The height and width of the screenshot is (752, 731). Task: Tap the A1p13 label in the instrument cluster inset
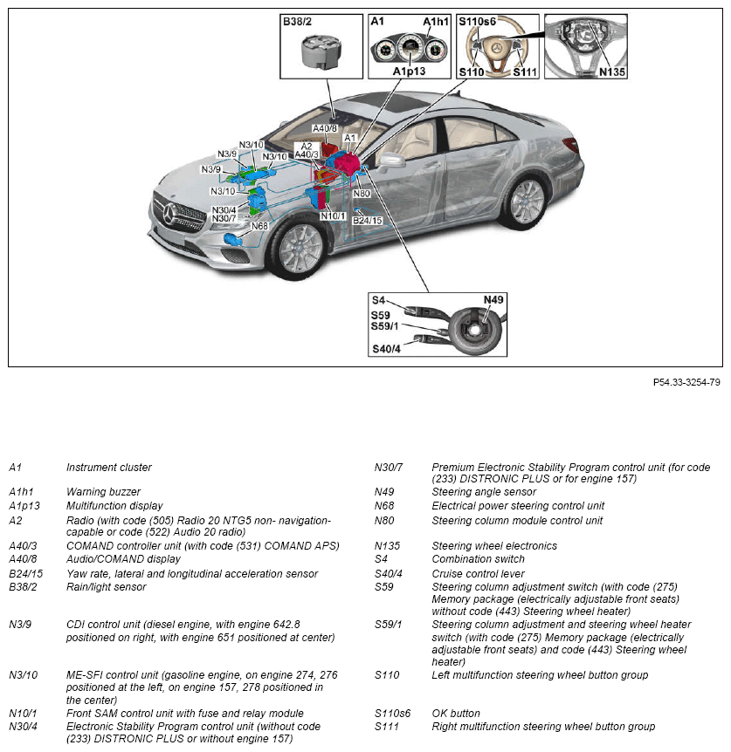(x=408, y=71)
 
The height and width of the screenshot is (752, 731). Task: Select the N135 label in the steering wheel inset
(x=612, y=72)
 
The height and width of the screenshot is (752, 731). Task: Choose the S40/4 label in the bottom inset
(x=386, y=350)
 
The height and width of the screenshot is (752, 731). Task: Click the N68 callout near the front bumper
(x=259, y=226)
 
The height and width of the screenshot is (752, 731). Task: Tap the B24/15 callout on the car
(x=368, y=221)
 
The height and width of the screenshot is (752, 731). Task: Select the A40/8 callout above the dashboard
(x=327, y=127)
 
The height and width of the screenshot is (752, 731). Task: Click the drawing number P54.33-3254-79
(x=686, y=382)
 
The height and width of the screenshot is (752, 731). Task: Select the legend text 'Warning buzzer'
(x=103, y=492)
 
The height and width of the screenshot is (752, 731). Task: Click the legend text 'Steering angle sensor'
(x=484, y=492)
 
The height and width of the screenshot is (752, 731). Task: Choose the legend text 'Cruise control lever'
(x=478, y=573)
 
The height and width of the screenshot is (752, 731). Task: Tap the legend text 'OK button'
(x=456, y=714)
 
